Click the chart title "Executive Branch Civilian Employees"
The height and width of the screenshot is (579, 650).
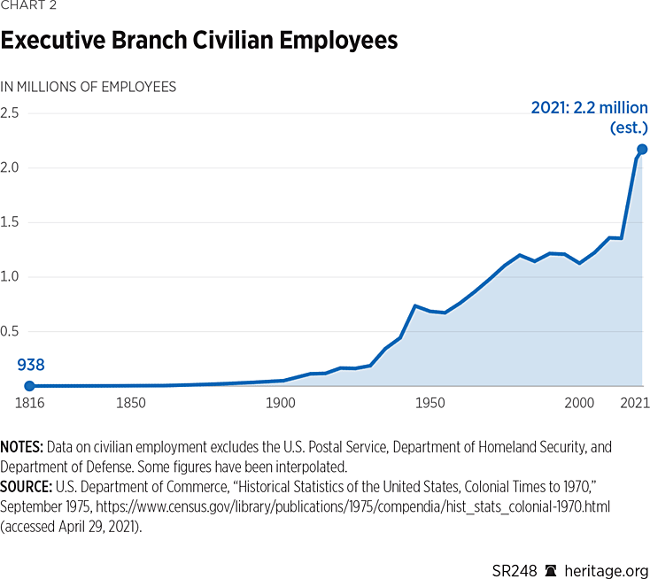[199, 41]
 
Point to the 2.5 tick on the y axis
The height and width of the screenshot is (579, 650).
[10, 113]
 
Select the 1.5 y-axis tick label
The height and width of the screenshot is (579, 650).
[10, 222]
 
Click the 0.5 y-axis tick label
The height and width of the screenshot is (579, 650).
[10, 332]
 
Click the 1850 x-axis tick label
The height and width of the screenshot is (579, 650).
[130, 404]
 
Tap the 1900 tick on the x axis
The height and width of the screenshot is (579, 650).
[281, 404]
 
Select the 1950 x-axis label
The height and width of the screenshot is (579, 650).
[430, 404]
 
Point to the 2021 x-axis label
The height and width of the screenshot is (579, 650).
[632, 404]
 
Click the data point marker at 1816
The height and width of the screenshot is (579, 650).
[29, 386]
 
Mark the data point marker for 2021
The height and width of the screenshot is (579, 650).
[642, 149]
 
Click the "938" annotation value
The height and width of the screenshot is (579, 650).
[31, 365]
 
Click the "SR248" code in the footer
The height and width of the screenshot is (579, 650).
[515, 558]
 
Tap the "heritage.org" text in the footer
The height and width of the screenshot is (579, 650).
[606, 558]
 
